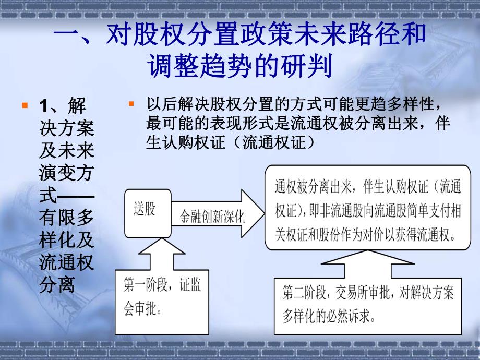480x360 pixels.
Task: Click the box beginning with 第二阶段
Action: click(368, 306)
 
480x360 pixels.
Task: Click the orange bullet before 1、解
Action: click(24, 106)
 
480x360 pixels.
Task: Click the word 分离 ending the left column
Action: click(58, 286)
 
